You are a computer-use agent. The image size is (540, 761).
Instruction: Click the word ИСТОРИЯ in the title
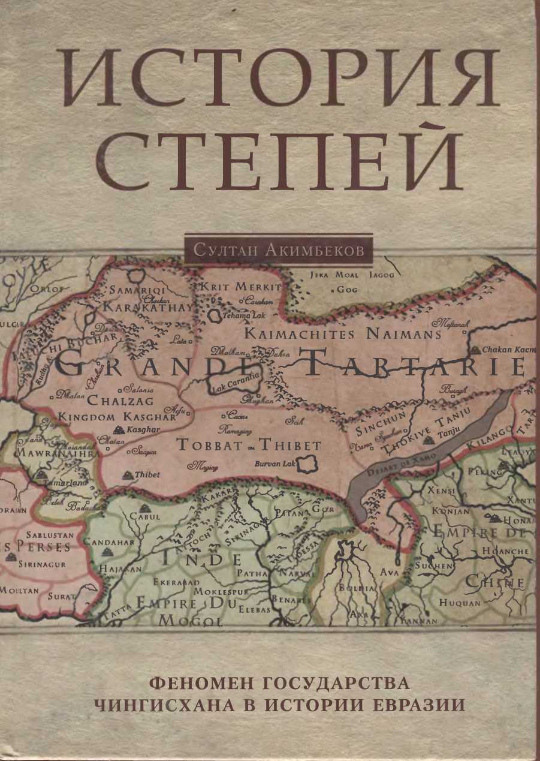[x=280, y=79]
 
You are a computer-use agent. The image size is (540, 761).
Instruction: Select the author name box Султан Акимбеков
[x=279, y=250]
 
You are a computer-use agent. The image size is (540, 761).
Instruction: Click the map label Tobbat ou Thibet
[x=249, y=446]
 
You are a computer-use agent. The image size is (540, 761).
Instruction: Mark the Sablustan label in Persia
[x=49, y=534]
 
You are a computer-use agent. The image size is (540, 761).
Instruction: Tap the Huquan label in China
[x=460, y=603]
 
